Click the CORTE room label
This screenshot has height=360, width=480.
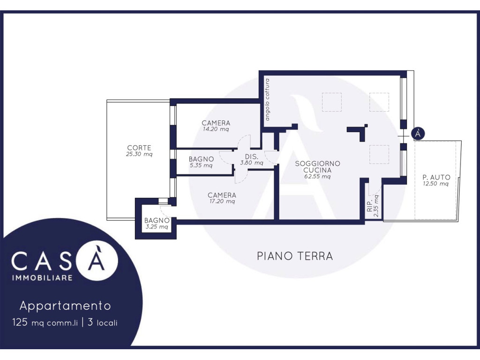139,148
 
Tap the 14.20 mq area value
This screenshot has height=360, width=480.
216,129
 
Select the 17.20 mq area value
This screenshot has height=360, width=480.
222,202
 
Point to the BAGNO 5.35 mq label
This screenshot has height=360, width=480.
201,162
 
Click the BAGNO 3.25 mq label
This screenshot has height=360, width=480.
157,224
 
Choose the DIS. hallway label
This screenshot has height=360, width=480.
252,157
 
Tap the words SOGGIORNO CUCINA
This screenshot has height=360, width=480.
317,167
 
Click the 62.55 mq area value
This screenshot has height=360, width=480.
317,177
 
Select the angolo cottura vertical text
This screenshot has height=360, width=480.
267,99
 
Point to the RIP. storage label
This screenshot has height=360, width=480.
370,206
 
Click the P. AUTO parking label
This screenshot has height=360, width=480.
436,177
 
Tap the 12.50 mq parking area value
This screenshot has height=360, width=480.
435,184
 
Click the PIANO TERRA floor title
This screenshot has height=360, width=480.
295,256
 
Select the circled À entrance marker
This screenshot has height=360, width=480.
418,134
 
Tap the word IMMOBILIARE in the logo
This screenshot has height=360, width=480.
42,277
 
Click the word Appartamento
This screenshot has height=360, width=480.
65,306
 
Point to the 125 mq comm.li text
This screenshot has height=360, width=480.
45,322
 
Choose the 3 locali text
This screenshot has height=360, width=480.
103,322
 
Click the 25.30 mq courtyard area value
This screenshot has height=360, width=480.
139,154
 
